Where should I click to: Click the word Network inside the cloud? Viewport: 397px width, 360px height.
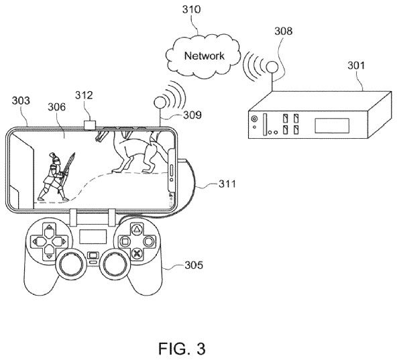coord(205,56)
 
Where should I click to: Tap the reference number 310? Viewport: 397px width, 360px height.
coord(191,9)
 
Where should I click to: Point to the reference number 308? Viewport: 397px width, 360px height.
coord(284,31)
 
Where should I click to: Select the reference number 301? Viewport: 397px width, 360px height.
coord(356,66)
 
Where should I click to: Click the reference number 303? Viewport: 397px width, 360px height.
coord(21,101)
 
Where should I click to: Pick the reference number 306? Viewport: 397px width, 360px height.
coord(57,107)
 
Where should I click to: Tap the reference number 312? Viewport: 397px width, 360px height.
coord(84,95)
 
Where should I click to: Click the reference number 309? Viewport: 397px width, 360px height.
coord(192,115)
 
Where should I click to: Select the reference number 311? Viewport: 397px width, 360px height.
coord(227,184)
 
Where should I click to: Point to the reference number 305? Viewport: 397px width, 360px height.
coord(194,265)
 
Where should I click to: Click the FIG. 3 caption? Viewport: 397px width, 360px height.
coord(182,349)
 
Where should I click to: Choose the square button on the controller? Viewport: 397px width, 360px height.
coord(125,241)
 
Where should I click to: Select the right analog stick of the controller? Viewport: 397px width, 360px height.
coord(115,265)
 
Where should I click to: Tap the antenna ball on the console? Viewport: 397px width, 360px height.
coord(272,67)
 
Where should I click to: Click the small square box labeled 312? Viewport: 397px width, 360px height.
coord(90,125)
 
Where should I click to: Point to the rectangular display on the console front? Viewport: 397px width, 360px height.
coord(332,125)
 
